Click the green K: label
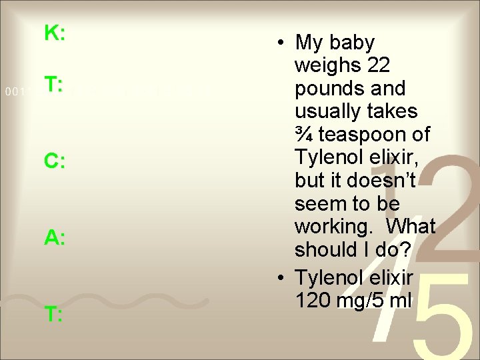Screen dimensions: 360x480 [54, 33]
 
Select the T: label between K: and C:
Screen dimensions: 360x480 [54, 85]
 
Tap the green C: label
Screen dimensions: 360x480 [54, 161]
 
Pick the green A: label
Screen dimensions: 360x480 [54, 238]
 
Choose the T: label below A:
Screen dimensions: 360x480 [54, 315]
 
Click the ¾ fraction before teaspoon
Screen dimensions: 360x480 [304, 135]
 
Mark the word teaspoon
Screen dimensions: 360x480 [373, 135]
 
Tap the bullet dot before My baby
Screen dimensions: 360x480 [283, 43]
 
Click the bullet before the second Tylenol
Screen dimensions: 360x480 [283, 277]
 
